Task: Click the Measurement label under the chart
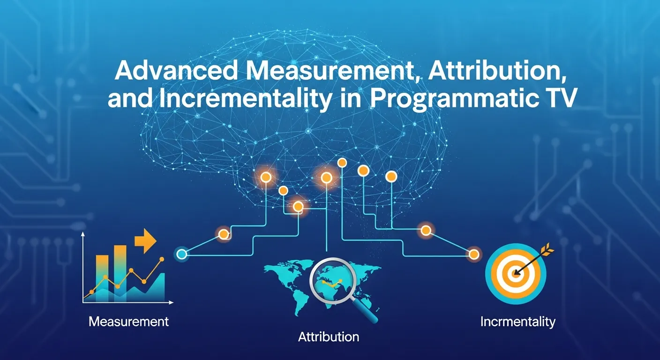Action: click(x=128, y=322)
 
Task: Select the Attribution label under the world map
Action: click(x=329, y=337)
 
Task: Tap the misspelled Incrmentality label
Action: click(x=517, y=322)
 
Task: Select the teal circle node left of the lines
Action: click(x=181, y=255)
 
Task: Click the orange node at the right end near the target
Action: click(x=474, y=255)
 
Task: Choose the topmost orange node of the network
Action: click(x=342, y=163)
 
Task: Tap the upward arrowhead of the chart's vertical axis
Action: click(x=83, y=234)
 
